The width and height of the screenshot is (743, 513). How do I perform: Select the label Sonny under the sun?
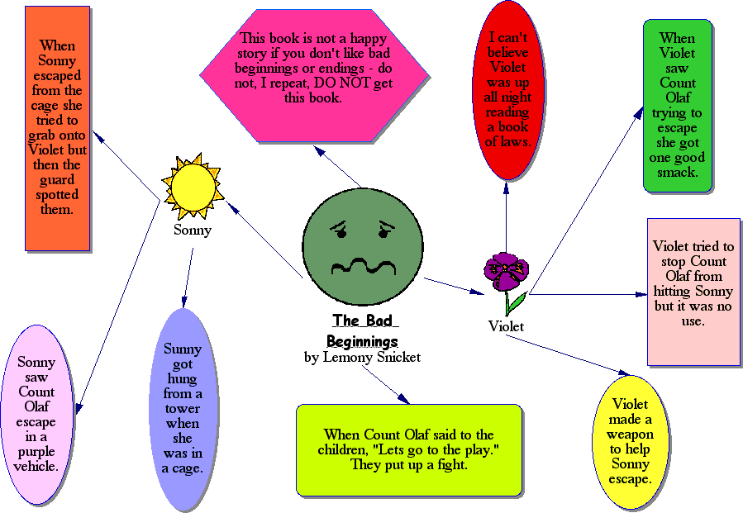[193, 230]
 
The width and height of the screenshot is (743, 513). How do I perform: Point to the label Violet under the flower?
[506, 326]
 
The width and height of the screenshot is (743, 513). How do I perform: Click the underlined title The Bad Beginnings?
[362, 330]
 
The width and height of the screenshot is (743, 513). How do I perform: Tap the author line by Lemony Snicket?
[362, 358]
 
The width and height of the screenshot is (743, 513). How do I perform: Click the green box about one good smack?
[678, 106]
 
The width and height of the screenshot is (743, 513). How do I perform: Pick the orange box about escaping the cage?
[57, 128]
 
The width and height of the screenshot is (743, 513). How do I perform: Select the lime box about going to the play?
[408, 449]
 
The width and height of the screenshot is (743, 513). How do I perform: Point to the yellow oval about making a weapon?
[631, 442]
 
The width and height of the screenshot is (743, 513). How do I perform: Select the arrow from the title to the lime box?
[386, 385]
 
